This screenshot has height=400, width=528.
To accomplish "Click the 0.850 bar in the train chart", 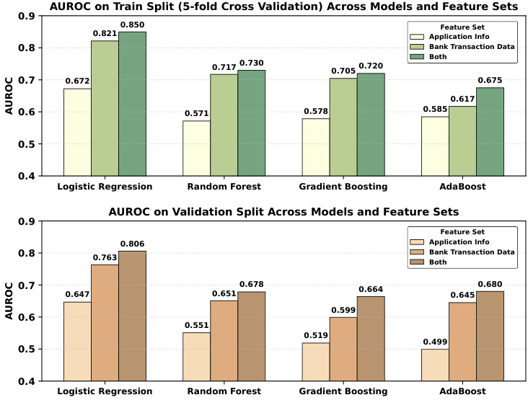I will click(133, 104).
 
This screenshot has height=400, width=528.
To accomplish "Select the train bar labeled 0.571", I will click(196, 148).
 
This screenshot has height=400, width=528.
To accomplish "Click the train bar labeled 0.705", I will click(343, 126).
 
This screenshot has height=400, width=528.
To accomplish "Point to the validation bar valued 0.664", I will click(371, 338).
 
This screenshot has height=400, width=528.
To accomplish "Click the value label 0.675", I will click(490, 80).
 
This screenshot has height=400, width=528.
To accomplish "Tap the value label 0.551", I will click(196, 326).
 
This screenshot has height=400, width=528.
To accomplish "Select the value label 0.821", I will click(105, 33).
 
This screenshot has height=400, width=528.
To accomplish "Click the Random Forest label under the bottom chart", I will click(224, 391).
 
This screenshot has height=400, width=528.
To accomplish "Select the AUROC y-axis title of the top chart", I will click(9, 96).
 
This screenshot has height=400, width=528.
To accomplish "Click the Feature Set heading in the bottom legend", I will click(462, 231).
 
